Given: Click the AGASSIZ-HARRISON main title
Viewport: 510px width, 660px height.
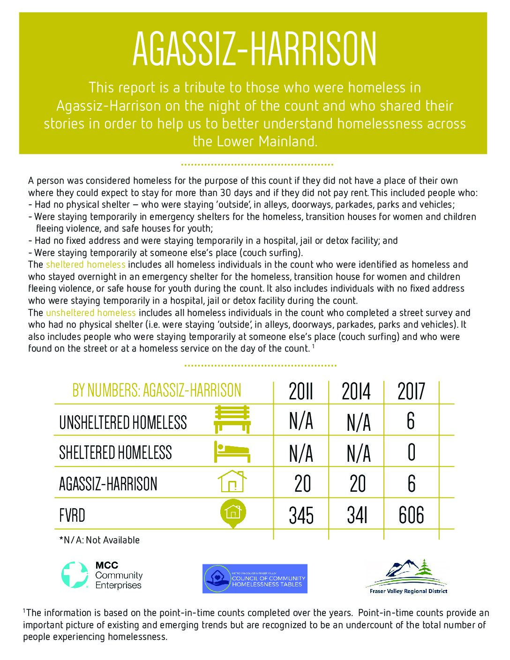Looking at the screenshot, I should click(x=255, y=49).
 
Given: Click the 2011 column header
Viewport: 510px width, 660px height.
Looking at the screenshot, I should click(x=300, y=391).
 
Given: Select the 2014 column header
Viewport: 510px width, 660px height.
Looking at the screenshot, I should click(x=356, y=391).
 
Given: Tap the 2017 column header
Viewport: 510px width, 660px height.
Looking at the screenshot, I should click(x=411, y=391).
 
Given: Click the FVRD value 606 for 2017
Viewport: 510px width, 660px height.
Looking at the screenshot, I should click(x=411, y=515).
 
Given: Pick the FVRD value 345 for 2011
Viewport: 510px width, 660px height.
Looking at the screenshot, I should click(x=301, y=515).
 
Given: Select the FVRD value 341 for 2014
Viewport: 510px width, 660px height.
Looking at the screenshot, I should click(x=357, y=515).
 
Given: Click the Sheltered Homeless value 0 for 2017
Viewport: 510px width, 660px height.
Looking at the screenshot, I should click(x=411, y=453).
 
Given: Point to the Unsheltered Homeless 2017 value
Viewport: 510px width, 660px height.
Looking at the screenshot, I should click(x=411, y=421).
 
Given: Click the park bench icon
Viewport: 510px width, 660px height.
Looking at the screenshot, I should click(x=232, y=420).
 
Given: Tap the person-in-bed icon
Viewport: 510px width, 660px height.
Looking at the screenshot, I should click(x=232, y=452).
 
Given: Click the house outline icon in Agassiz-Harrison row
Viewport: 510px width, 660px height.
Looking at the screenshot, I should click(x=232, y=481).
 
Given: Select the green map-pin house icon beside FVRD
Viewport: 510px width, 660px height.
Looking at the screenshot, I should click(x=233, y=514).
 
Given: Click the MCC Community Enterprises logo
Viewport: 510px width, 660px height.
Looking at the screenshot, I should click(x=102, y=575).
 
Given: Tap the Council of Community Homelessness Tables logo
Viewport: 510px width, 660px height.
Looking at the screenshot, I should click(x=255, y=578).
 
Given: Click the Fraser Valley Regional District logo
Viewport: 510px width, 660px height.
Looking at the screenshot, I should click(x=406, y=577).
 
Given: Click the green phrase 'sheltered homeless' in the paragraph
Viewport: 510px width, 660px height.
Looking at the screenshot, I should click(x=85, y=265).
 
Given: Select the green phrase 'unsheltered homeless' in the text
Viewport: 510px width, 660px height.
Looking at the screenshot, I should click(x=90, y=313).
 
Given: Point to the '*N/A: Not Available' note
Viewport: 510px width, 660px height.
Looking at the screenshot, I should click(x=99, y=540).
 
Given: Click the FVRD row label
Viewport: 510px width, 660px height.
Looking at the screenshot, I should click(x=72, y=516).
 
